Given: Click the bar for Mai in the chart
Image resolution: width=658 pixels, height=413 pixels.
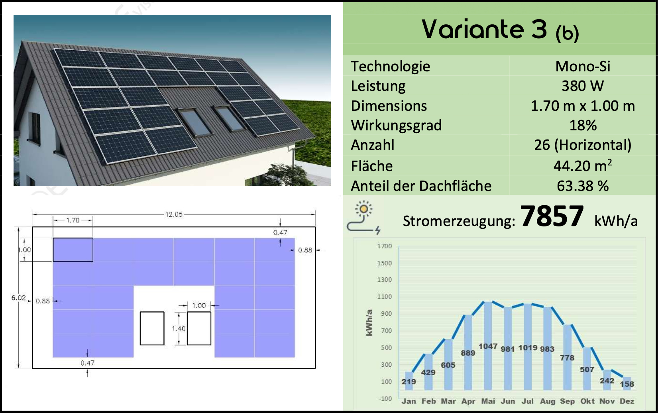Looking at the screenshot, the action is [x=488, y=346].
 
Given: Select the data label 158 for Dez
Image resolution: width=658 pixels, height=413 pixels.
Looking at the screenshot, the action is [x=627, y=384].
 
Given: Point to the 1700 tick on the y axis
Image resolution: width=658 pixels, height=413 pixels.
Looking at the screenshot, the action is [x=385, y=246].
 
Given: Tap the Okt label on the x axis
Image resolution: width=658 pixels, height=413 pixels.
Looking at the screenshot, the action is [x=587, y=401].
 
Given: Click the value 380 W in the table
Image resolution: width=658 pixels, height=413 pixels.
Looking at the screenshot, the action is [x=583, y=86].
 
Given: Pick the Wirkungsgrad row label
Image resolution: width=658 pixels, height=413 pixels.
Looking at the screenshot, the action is [x=396, y=126].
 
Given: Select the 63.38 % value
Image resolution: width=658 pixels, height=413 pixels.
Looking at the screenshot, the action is [x=583, y=186].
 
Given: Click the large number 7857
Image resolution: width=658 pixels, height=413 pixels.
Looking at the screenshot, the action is [x=552, y=216].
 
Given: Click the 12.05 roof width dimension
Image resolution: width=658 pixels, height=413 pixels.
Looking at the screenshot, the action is [x=174, y=214].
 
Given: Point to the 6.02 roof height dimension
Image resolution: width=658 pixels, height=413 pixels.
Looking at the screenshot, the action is [x=18, y=297].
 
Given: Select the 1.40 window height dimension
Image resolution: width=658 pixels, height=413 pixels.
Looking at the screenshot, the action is [x=179, y=328].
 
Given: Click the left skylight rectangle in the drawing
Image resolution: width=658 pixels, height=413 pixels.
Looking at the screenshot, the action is [x=152, y=328].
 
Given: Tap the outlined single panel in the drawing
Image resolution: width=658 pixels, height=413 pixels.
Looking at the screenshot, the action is [x=73, y=250].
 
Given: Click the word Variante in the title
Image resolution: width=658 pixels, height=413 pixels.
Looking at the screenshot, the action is [x=473, y=29].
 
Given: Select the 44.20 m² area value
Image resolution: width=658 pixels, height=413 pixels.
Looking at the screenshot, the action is [x=583, y=166].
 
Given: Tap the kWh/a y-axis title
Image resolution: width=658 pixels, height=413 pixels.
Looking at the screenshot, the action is [x=369, y=322].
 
